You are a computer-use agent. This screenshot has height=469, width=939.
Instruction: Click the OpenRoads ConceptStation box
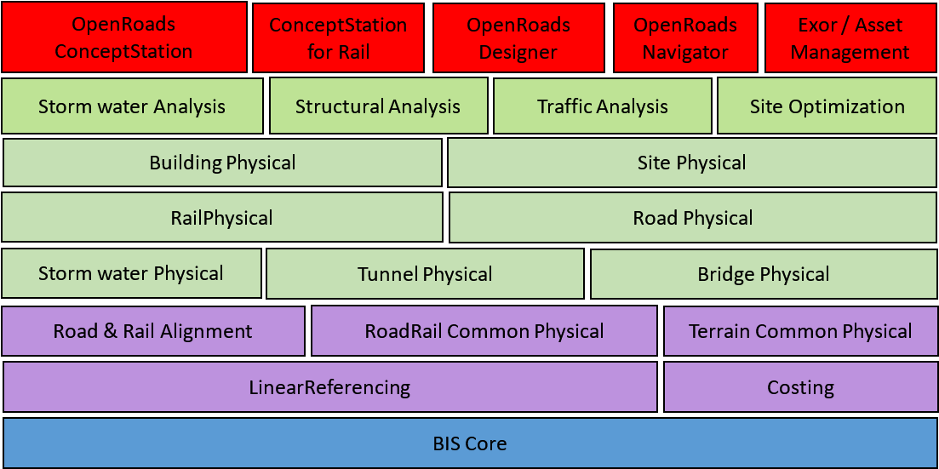coord(123,37)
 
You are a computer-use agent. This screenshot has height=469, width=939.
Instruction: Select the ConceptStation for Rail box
coord(338,38)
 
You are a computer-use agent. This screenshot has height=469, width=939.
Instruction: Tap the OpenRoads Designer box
coord(518,38)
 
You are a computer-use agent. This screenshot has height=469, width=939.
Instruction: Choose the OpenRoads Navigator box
coord(684,38)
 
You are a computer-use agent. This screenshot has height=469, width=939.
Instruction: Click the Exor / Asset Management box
coord(849,38)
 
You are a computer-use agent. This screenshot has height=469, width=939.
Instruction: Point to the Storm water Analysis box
coord(132,106)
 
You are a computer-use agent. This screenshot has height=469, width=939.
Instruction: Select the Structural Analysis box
coord(378,106)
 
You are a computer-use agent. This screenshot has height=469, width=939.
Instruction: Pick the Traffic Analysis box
coord(602,106)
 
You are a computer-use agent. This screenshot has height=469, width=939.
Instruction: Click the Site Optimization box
coord(827,106)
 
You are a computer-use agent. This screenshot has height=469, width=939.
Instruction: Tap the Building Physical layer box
coord(222,163)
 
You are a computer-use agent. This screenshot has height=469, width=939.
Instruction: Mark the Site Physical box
coord(691,163)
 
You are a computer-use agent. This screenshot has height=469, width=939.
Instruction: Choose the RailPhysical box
coord(221,218)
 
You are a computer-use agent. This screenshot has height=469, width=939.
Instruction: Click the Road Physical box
coord(692,218)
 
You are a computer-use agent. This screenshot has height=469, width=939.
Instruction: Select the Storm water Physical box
coord(131,273)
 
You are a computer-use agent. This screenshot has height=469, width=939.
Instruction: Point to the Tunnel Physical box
coord(425,274)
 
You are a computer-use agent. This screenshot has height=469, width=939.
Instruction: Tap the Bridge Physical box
coord(763,274)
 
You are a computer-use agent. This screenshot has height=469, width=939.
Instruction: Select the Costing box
coord(800,387)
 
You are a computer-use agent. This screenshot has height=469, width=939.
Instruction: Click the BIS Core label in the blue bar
coord(469,443)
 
